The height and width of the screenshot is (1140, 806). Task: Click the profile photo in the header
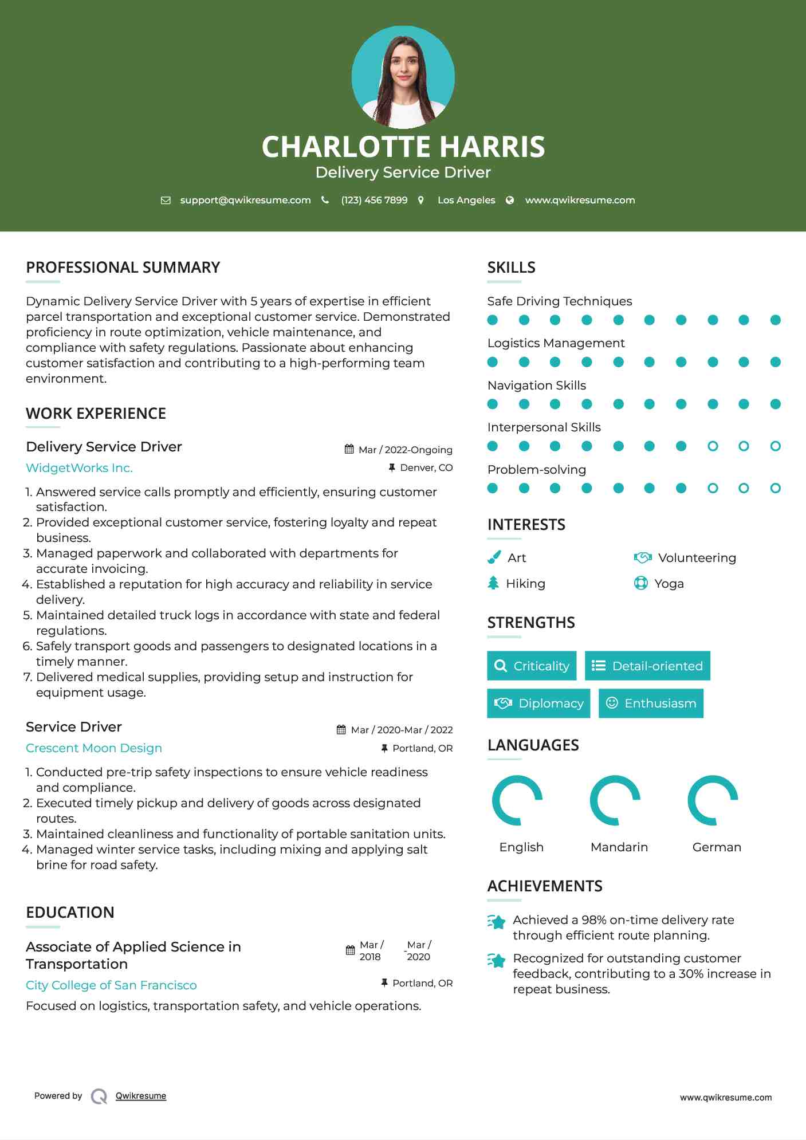point(403,77)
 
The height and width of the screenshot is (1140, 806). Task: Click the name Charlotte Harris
point(403,147)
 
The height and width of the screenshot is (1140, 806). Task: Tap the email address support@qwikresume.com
point(245,201)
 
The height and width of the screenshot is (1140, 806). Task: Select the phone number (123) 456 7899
point(374,201)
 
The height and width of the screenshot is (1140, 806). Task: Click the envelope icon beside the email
point(166,201)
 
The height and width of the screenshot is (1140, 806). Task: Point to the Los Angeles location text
point(466,201)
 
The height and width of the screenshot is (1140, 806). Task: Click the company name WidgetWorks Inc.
point(79,468)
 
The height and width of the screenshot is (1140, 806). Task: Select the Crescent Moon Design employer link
point(94,748)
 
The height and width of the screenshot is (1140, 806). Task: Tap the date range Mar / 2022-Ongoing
point(405,450)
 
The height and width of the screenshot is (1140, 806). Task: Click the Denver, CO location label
point(426,468)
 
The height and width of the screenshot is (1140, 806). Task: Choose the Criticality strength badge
point(532,666)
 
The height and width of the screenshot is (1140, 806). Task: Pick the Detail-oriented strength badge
point(647,666)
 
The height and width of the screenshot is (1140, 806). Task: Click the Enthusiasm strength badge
point(651,703)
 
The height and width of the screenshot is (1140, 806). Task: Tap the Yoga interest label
point(669,584)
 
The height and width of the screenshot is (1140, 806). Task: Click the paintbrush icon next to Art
point(494,557)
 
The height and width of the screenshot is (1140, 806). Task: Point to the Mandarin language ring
point(615,800)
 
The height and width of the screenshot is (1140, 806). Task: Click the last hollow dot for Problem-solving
point(775,488)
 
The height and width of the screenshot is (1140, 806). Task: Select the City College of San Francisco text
point(111,985)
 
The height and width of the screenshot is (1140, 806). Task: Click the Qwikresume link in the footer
point(141,1096)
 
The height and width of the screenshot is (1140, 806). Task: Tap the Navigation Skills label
point(536,386)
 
